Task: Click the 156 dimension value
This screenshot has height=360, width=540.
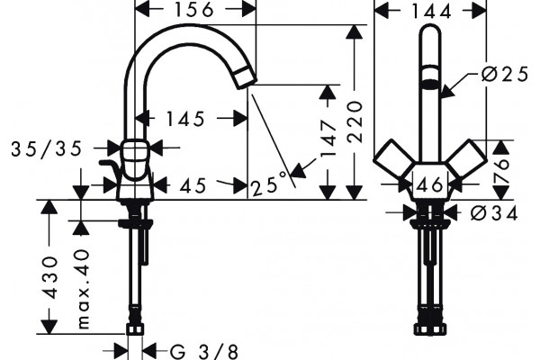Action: tap(194, 10)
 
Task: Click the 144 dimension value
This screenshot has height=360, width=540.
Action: tap(431, 12)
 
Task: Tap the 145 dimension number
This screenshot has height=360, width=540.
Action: tap(185, 119)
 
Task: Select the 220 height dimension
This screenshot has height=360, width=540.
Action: tap(355, 121)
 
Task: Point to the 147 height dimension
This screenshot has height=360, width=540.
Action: tap(328, 138)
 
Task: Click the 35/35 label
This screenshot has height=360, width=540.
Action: tap(47, 149)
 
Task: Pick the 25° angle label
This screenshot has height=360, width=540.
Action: tap(269, 184)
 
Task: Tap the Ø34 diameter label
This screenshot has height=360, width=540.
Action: tap(494, 213)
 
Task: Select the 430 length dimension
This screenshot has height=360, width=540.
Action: tap(49, 277)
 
